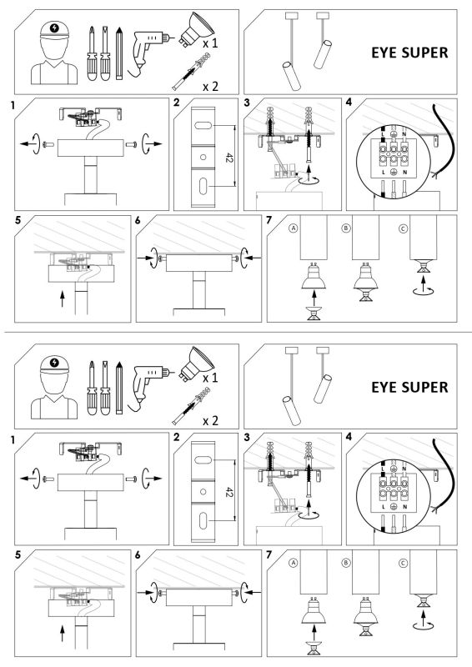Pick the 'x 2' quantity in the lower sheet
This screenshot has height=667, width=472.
tap(212, 419)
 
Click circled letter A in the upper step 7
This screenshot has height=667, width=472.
tap(293, 228)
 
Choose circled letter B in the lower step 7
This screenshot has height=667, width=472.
tap(347, 563)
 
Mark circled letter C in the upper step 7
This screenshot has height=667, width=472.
tap(404, 228)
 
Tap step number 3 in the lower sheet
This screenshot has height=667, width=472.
tap(247, 437)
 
